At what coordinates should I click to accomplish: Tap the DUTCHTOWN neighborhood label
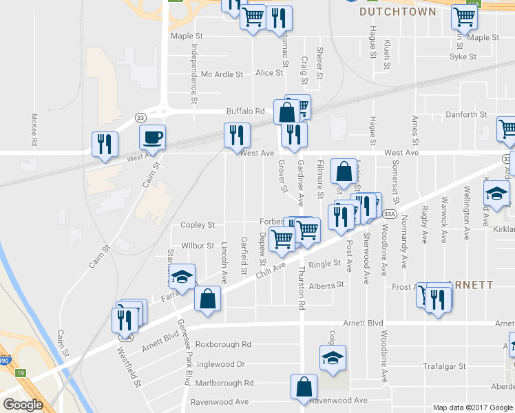(x=398, y=12)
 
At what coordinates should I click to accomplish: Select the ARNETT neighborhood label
(x=470, y=284)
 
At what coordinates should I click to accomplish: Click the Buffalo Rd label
(x=246, y=111)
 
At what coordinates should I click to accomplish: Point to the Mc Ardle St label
(x=222, y=74)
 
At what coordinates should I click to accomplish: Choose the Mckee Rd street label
(x=34, y=130)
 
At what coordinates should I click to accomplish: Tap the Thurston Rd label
(x=302, y=287)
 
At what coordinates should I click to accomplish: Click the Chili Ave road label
(x=271, y=270)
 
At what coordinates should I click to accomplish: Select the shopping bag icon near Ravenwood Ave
(x=304, y=388)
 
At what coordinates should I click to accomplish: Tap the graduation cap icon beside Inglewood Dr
(x=333, y=357)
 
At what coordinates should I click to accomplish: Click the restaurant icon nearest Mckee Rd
(x=105, y=144)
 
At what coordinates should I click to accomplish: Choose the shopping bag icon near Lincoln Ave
(x=207, y=299)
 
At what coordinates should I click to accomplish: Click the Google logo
(x=22, y=405)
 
